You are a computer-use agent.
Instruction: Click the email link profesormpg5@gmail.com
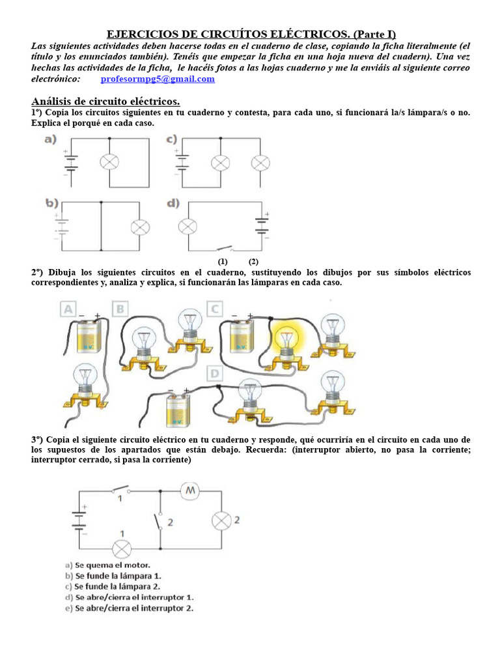tap(158, 79)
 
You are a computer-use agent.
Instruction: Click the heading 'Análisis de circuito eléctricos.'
tap(105, 102)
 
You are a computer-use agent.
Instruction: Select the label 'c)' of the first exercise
tap(172, 139)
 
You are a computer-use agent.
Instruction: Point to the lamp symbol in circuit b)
tap(140, 227)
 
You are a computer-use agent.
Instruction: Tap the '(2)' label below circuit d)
tap(253, 261)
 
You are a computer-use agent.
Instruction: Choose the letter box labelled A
tap(68, 309)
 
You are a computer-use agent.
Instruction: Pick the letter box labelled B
tap(120, 309)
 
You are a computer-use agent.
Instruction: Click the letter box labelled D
tap(215, 374)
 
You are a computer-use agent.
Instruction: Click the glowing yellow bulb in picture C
tap(285, 339)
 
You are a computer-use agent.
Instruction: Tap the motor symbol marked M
tap(191, 490)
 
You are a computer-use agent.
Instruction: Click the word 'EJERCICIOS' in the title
tap(139, 35)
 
